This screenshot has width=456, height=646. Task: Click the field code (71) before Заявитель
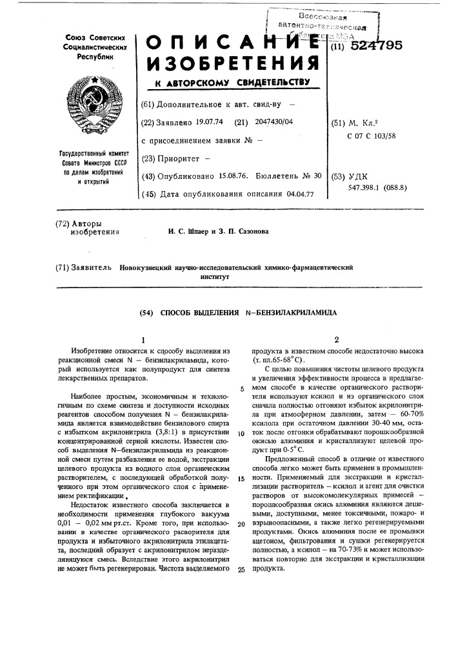[x=65, y=266]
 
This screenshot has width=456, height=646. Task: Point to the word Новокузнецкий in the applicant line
[x=151, y=266]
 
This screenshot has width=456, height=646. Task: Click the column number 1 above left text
[x=143, y=340]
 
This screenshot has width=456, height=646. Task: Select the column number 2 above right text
[x=336, y=340]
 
